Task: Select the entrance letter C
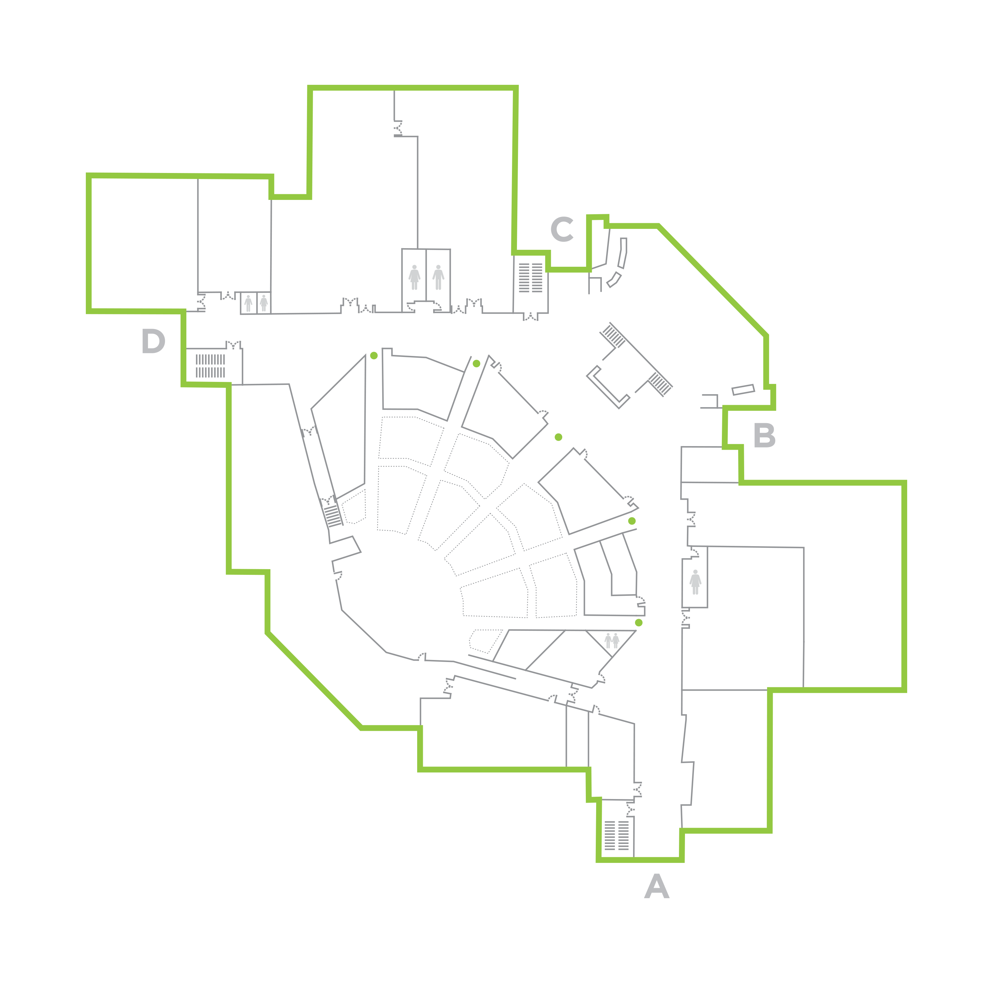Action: (562, 229)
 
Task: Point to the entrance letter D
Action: (153, 342)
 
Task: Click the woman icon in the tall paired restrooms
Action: (414, 277)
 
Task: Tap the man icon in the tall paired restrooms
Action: (438, 277)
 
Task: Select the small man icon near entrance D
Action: (248, 303)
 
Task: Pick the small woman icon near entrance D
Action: (264, 303)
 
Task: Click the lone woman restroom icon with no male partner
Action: (695, 582)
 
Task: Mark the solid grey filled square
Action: (612, 641)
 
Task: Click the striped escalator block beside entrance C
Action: (530, 277)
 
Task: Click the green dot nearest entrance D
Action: (374, 356)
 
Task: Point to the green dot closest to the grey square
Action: (639, 622)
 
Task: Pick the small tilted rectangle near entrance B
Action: (743, 390)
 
